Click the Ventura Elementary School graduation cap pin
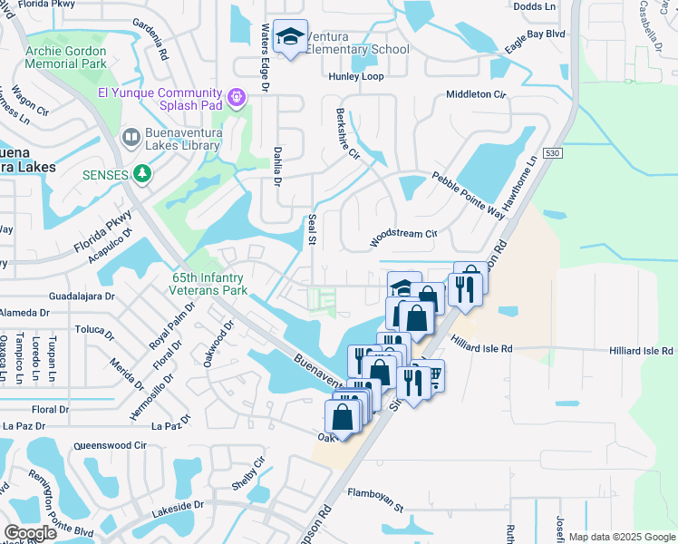click(291, 38)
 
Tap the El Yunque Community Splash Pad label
click(160, 100)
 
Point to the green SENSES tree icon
click(141, 172)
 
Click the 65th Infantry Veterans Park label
click(208, 285)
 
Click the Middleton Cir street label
click(475, 94)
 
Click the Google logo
click(31, 533)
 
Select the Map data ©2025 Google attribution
click(621, 537)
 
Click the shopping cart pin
click(433, 374)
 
